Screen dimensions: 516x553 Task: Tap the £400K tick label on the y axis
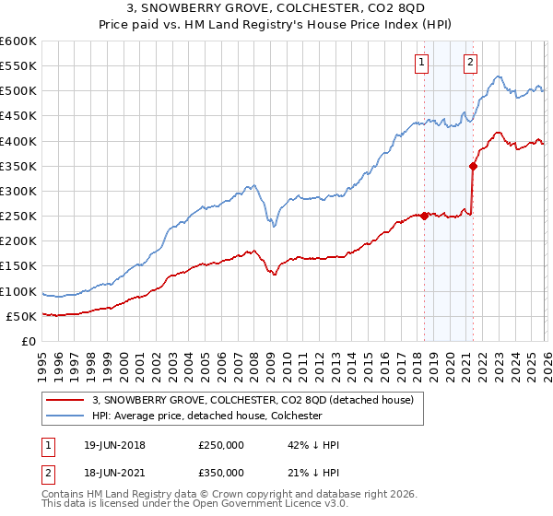pyautogui.click(x=18, y=141)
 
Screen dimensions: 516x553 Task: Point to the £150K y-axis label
pyautogui.click(x=18, y=266)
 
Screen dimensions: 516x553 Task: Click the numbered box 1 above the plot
pyautogui.click(x=422, y=63)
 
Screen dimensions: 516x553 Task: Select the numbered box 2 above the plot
pyautogui.click(x=470, y=63)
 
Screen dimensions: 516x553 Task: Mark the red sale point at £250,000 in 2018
pyautogui.click(x=424, y=217)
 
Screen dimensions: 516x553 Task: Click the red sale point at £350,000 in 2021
pyautogui.click(x=473, y=167)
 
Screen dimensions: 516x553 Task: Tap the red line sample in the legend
pyautogui.click(x=65, y=400)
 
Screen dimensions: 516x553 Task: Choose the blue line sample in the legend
pyautogui.click(x=65, y=416)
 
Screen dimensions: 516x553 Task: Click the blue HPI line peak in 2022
pyautogui.click(x=498, y=76)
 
